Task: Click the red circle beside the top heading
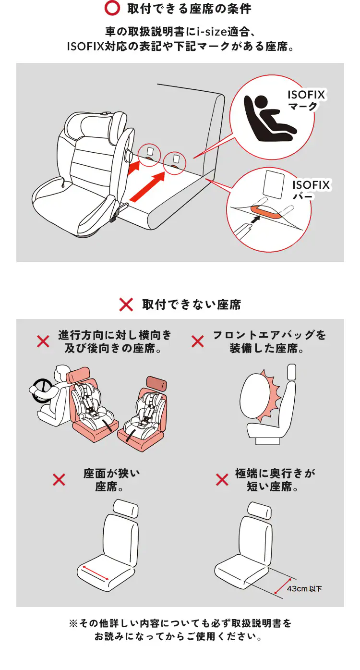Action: [x=111, y=9]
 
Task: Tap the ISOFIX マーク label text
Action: [x=306, y=100]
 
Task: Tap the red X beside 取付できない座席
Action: [x=126, y=305]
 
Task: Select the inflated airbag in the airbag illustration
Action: [x=258, y=397]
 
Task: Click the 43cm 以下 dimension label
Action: [x=304, y=588]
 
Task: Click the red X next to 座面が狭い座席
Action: [x=59, y=479]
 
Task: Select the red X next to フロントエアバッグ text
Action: [x=197, y=341]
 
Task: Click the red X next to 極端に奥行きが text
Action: [x=222, y=479]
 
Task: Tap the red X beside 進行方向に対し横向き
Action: [x=43, y=341]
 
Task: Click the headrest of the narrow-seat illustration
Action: [x=126, y=508]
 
